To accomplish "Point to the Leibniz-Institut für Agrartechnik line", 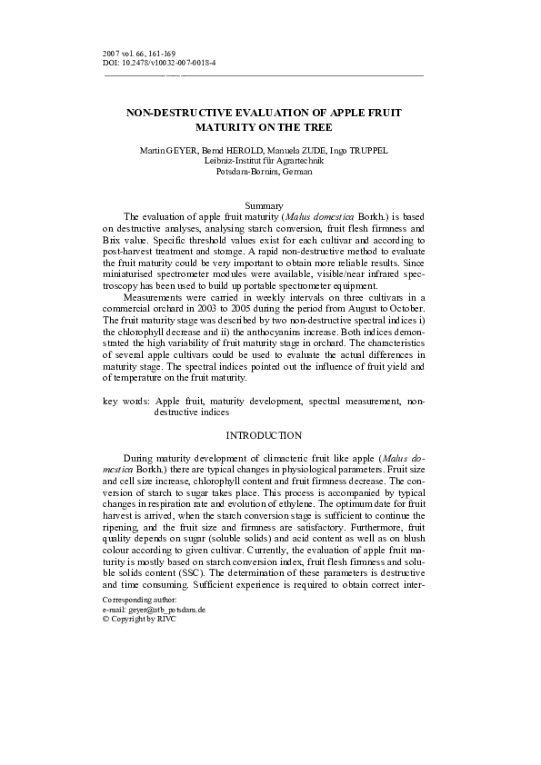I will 269,160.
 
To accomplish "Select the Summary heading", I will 270,206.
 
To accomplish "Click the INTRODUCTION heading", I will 270,436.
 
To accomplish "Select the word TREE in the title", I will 310,128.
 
